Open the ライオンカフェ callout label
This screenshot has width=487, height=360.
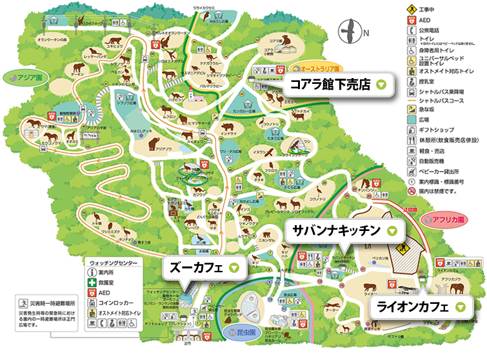click(418, 307)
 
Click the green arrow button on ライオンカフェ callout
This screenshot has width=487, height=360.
click(460, 307)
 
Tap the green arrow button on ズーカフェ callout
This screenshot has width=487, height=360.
click(234, 266)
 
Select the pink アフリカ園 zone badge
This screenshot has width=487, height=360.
click(445, 219)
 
